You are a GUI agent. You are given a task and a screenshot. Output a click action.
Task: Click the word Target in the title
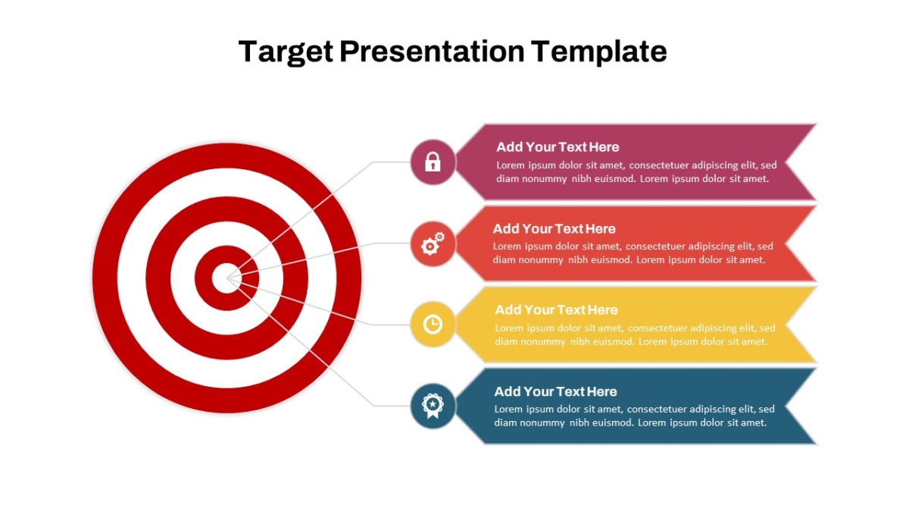[x=286, y=52]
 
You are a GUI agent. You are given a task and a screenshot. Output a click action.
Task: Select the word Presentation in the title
[x=433, y=52]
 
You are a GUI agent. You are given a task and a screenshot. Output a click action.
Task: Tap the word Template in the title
[x=599, y=52]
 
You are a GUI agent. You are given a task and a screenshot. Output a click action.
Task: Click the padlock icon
[x=433, y=162]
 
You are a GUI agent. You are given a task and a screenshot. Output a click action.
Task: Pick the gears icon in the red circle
[x=433, y=243]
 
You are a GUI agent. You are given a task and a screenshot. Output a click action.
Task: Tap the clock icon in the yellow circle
[x=433, y=325]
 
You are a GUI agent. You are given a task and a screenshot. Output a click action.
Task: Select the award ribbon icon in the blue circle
[x=433, y=406]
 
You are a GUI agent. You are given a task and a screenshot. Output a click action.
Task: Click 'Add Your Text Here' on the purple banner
[x=558, y=146]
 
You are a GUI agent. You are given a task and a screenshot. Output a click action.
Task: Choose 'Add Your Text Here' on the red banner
[x=554, y=229]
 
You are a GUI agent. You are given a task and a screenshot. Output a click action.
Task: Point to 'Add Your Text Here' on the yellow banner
[x=556, y=310]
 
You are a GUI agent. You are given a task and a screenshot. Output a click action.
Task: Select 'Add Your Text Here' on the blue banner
[x=555, y=391]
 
